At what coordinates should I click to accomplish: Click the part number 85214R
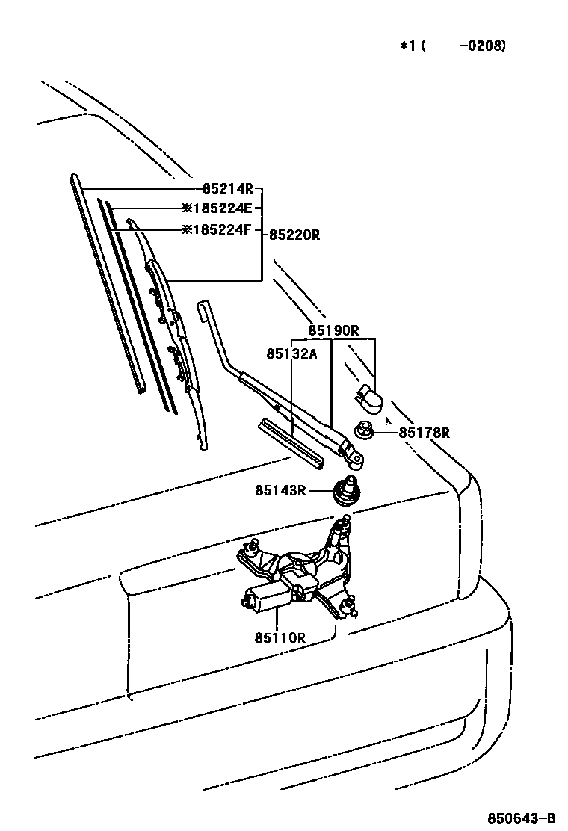[x=228, y=189]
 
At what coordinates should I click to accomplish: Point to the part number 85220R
[x=294, y=235]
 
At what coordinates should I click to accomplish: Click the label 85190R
[x=334, y=330]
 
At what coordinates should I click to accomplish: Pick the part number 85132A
[x=291, y=353]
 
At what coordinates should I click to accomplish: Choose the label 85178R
[x=424, y=433]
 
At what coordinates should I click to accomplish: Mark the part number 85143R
[x=280, y=490]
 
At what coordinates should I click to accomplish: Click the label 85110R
[x=280, y=637]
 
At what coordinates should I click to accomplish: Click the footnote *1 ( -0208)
[x=453, y=46]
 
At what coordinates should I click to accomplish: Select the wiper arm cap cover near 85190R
[x=371, y=398]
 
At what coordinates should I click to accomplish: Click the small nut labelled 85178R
[x=364, y=431]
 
